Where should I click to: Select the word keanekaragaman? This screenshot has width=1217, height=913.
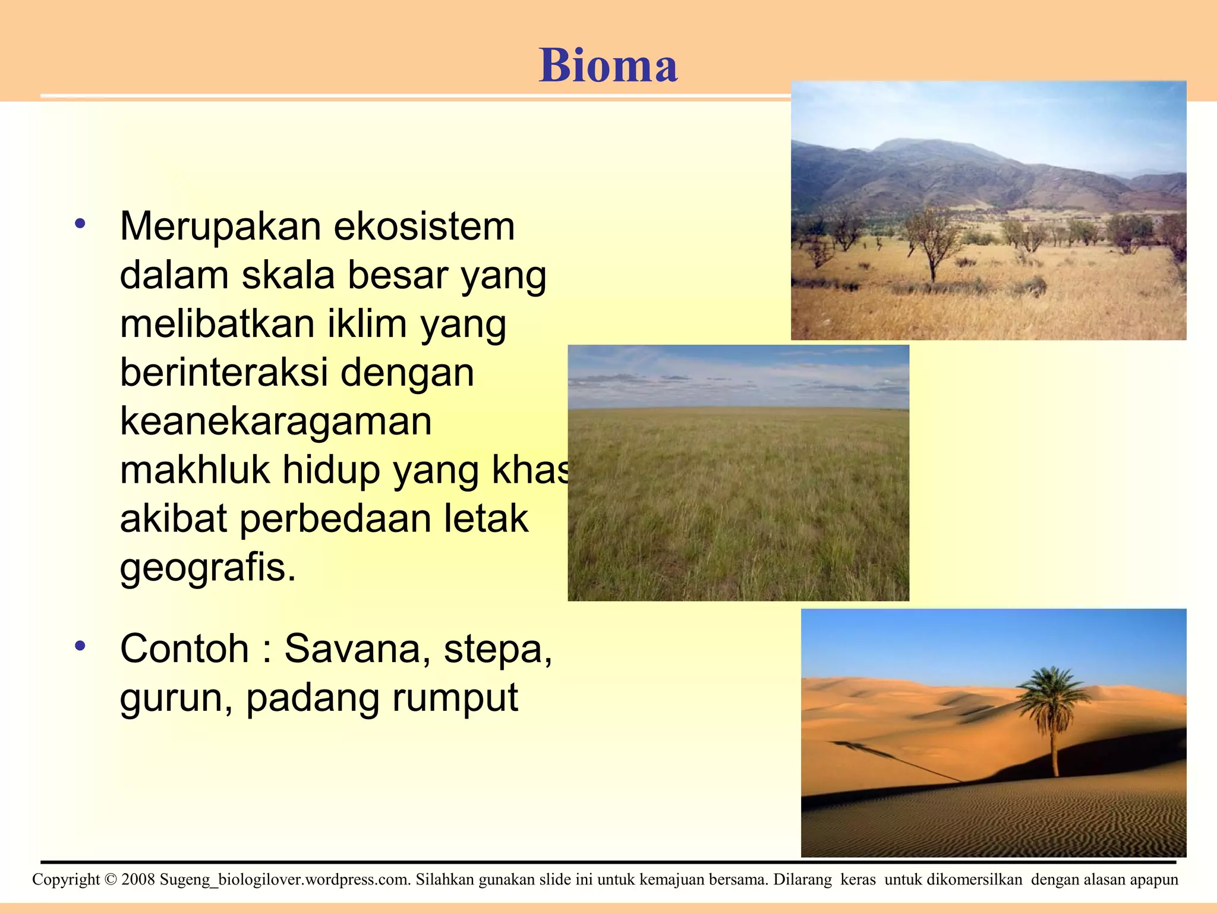(x=276, y=421)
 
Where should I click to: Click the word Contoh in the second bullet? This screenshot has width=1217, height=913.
(x=184, y=648)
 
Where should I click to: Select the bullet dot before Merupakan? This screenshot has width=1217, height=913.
(x=80, y=225)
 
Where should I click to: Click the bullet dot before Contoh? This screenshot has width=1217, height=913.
(x=80, y=646)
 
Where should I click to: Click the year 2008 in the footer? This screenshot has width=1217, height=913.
(x=138, y=880)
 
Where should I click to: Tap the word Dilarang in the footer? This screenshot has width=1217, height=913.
(x=802, y=880)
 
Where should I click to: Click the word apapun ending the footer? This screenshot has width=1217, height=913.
(x=1154, y=880)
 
